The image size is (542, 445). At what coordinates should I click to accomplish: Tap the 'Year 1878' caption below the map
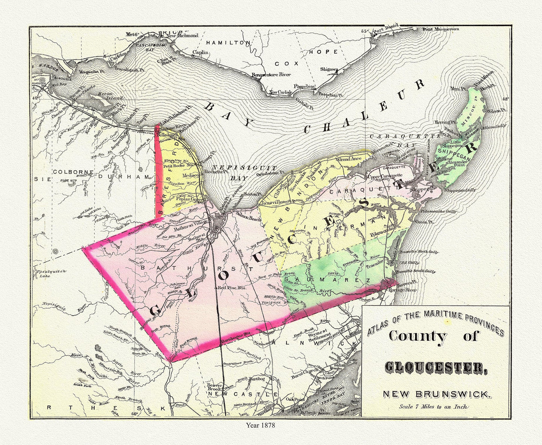260,425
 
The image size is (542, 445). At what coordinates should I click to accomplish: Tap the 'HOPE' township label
323,52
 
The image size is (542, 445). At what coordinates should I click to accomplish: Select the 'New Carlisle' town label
281,92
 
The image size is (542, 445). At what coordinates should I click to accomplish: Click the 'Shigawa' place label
329,69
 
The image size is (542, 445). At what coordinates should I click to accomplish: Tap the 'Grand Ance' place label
349,159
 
